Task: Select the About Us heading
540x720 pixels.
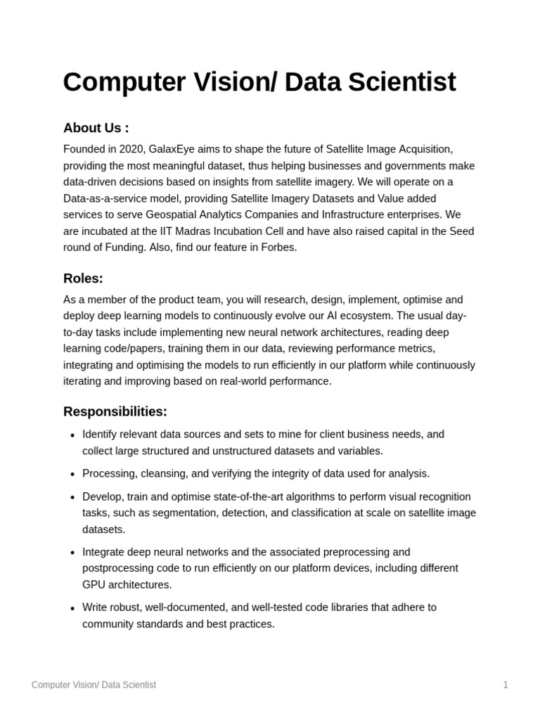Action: (x=96, y=128)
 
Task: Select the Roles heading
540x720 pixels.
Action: (x=83, y=278)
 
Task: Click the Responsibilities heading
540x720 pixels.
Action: (x=115, y=411)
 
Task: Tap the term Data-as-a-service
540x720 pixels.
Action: (x=103, y=198)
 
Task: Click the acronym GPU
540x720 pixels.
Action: (x=94, y=584)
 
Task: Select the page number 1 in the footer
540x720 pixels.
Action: (x=505, y=685)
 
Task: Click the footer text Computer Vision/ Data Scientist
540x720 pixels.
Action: (x=94, y=685)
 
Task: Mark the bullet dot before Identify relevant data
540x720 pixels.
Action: (x=72, y=435)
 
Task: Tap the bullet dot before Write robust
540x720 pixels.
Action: (x=72, y=608)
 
